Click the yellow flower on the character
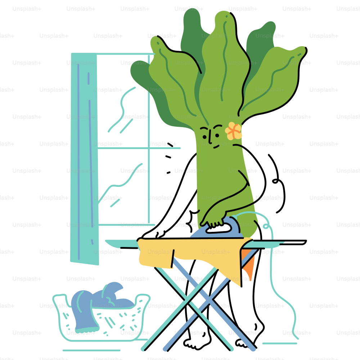pyautogui.click(x=233, y=131)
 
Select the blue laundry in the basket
pyautogui.click(x=101, y=303)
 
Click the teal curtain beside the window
pyautogui.click(x=85, y=158)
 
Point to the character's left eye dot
pyautogui.click(x=204, y=137)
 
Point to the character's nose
pyautogui.click(x=210, y=138)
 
